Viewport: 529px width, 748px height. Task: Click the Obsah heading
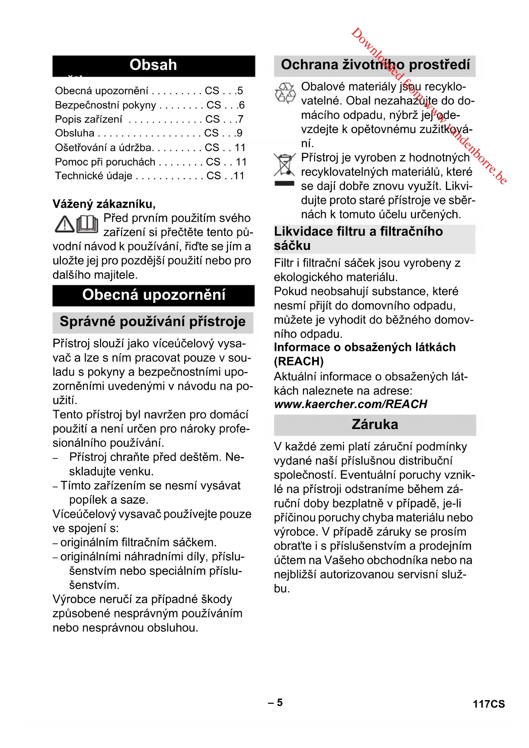pos(153,65)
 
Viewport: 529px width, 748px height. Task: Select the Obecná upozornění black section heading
pos(153,295)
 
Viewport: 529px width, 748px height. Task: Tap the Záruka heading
pos(375,425)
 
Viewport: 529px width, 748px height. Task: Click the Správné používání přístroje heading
pos(153,322)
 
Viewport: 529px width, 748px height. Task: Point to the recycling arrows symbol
pos(285,93)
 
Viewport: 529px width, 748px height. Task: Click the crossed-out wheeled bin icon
pos(284,165)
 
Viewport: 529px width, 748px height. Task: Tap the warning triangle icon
pos(65,224)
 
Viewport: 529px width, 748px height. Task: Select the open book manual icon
pos(87,224)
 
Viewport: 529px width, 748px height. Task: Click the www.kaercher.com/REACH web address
pos(350,404)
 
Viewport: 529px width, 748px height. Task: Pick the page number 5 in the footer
pos(276,702)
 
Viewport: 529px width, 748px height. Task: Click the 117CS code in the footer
pos(489,704)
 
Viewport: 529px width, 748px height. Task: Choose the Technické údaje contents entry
pos(94,176)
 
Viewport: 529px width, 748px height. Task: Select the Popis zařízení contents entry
pos(89,119)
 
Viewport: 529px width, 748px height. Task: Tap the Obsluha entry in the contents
pos(75,133)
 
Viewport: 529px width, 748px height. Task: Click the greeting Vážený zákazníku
pos(104,204)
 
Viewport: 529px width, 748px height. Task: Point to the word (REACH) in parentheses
pos(299,362)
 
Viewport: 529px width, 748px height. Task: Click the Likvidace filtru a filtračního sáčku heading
pos(358,238)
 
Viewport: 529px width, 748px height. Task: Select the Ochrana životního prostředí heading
pos(375,65)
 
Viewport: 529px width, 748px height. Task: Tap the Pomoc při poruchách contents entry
pos(105,162)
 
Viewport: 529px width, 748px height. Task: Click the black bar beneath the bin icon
pos(284,184)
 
